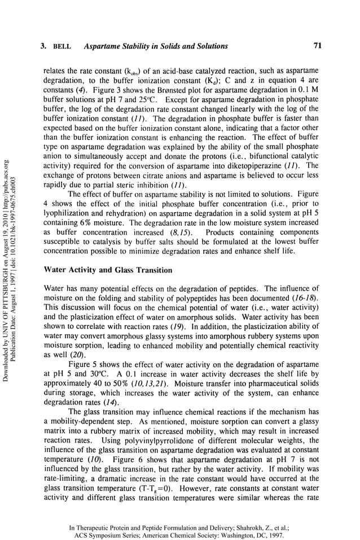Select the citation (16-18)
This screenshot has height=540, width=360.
(305, 297)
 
